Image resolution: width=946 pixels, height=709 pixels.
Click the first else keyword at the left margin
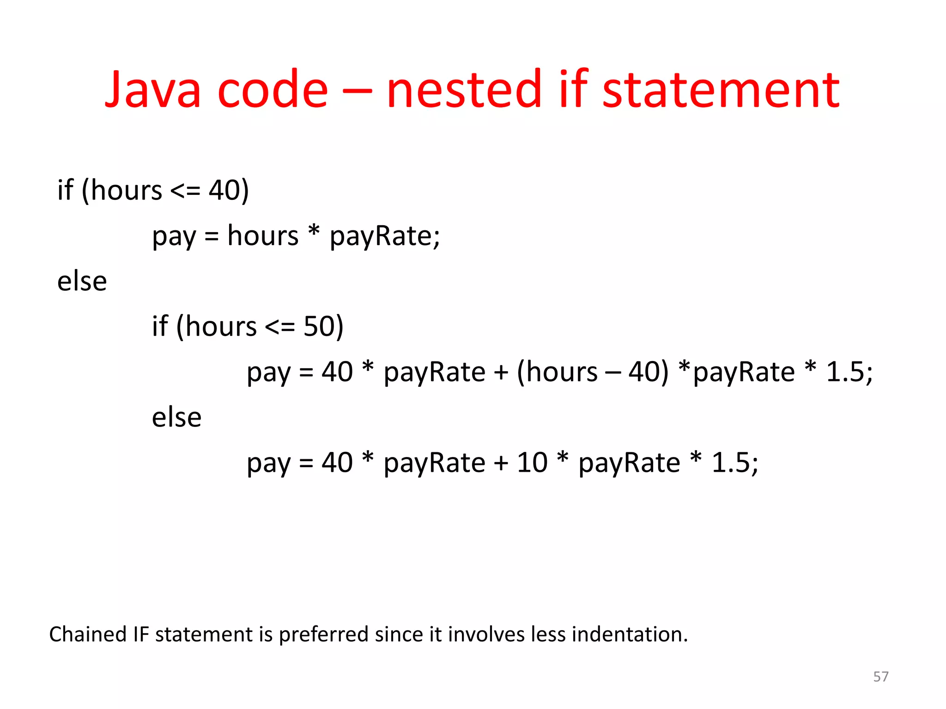click(82, 281)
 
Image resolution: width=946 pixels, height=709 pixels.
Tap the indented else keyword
click(177, 417)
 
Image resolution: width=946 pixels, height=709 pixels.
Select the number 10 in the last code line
click(532, 463)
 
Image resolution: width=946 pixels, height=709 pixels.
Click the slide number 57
click(880, 677)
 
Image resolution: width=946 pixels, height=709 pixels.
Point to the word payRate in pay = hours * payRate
click(384, 236)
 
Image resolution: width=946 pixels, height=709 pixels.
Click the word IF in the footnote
click(141, 634)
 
